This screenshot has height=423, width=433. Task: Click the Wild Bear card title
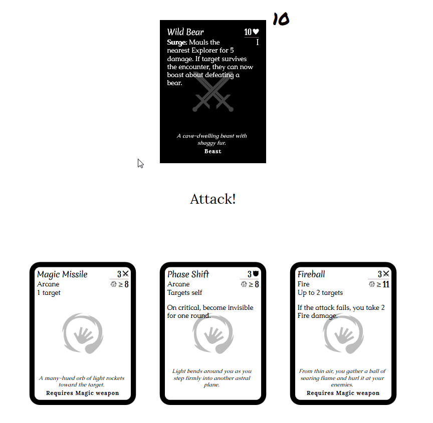click(x=185, y=32)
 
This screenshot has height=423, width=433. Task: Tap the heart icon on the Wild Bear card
click(x=256, y=32)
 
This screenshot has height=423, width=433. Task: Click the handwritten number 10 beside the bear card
click(x=281, y=19)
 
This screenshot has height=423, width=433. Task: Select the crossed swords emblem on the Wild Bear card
click(x=212, y=92)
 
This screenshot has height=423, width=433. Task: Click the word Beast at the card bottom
click(x=212, y=151)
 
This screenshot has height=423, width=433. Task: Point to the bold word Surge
click(x=177, y=43)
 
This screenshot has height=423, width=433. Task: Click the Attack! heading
click(x=212, y=199)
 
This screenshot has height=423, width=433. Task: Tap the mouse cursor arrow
click(x=140, y=164)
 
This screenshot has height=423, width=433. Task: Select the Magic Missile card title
click(x=62, y=274)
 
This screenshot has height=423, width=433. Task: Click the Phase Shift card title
click(x=188, y=274)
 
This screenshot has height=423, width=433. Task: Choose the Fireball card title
click(x=311, y=274)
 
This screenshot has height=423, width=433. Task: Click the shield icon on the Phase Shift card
click(x=256, y=273)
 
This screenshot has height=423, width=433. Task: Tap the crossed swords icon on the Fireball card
click(x=386, y=273)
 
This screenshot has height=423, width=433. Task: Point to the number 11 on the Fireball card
click(x=386, y=284)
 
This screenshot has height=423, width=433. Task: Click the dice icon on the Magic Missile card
click(x=113, y=284)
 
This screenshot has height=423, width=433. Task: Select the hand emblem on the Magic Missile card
click(x=83, y=333)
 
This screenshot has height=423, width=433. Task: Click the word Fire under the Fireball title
click(x=304, y=284)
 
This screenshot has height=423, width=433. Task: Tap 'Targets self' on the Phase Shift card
click(x=184, y=292)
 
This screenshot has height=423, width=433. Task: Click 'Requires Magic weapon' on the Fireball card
click(x=343, y=393)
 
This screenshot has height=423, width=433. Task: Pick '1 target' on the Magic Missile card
click(x=49, y=292)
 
